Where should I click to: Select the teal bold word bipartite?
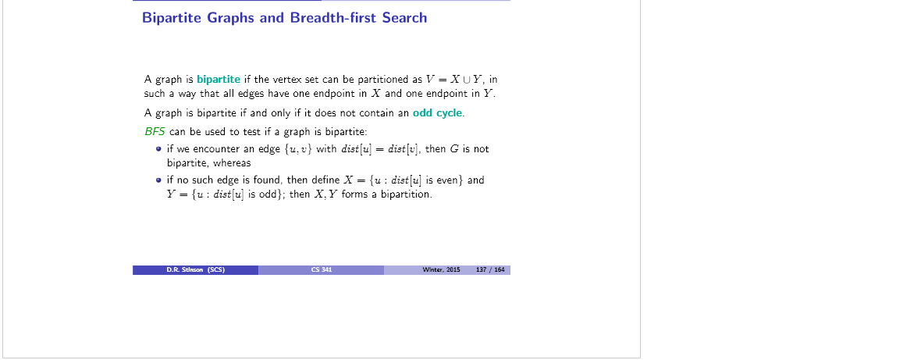point(219,80)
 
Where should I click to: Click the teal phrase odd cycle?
point(438,113)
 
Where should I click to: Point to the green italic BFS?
point(155,131)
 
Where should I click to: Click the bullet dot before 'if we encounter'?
point(158,149)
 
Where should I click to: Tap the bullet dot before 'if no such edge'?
point(158,180)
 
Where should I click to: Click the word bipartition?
point(406,194)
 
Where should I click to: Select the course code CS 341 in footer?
point(321,269)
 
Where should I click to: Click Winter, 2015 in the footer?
point(441,269)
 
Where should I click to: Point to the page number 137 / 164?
point(490,269)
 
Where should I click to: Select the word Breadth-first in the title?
point(333,17)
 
